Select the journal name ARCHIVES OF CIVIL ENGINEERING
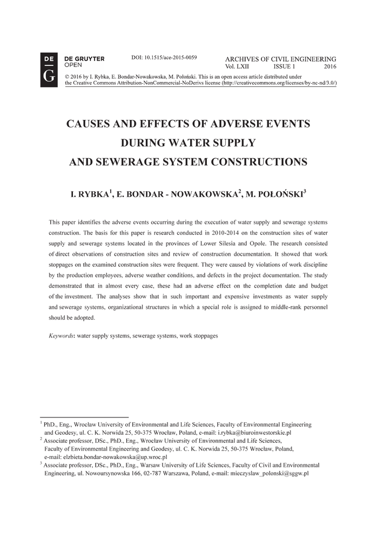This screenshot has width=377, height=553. [280, 59]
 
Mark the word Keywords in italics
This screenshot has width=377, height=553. [61, 335]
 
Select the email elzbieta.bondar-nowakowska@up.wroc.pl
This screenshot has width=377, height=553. [116, 457]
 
